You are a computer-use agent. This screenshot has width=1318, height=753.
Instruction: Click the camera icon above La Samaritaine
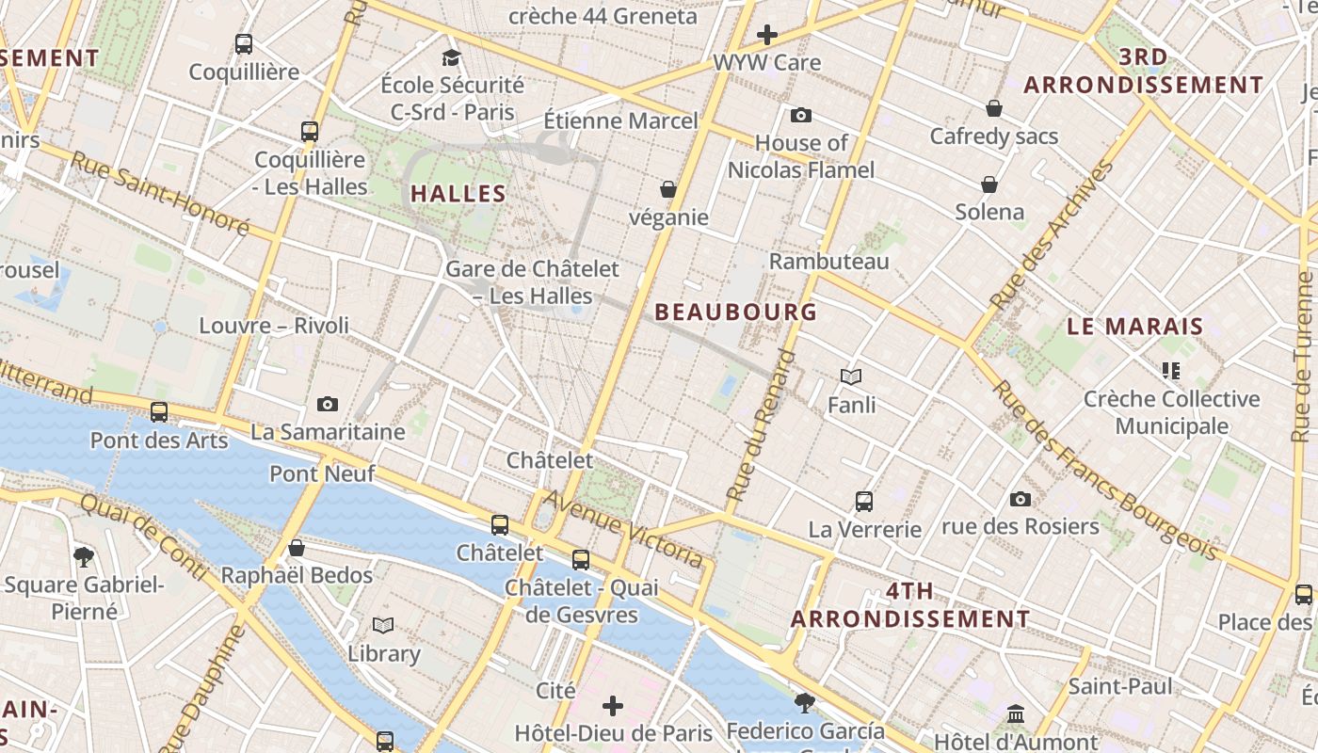click(x=328, y=404)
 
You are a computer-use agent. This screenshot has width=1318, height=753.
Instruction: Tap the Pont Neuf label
click(x=322, y=473)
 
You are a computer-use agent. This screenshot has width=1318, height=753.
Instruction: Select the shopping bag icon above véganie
click(x=668, y=189)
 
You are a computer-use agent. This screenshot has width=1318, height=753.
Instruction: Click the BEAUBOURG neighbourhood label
click(x=736, y=312)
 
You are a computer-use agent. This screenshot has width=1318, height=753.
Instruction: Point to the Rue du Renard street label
click(x=762, y=425)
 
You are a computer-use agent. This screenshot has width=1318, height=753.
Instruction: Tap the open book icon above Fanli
click(x=851, y=376)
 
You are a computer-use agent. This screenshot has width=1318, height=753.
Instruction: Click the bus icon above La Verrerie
click(x=864, y=502)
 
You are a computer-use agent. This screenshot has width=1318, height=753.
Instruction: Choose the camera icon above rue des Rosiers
click(x=1020, y=499)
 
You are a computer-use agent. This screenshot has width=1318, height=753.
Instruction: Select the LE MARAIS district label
click(x=1135, y=327)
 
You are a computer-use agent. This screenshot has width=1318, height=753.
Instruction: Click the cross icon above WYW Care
click(x=767, y=36)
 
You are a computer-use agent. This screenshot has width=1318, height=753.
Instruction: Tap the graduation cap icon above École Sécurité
click(x=451, y=57)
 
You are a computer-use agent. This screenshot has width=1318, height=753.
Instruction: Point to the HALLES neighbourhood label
click(x=458, y=194)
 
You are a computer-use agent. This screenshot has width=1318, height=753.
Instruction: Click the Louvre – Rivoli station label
click(x=274, y=326)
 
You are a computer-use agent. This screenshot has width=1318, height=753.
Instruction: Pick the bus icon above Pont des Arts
click(x=159, y=412)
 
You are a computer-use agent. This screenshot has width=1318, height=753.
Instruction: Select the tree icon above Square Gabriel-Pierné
click(x=84, y=556)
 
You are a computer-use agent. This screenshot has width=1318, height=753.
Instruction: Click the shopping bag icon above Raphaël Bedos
click(x=297, y=548)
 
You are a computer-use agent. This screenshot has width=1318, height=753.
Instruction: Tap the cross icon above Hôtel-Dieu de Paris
click(x=613, y=705)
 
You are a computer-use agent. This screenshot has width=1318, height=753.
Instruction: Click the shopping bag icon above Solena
click(x=989, y=184)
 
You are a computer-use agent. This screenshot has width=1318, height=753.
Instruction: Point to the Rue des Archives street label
click(x=1053, y=235)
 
